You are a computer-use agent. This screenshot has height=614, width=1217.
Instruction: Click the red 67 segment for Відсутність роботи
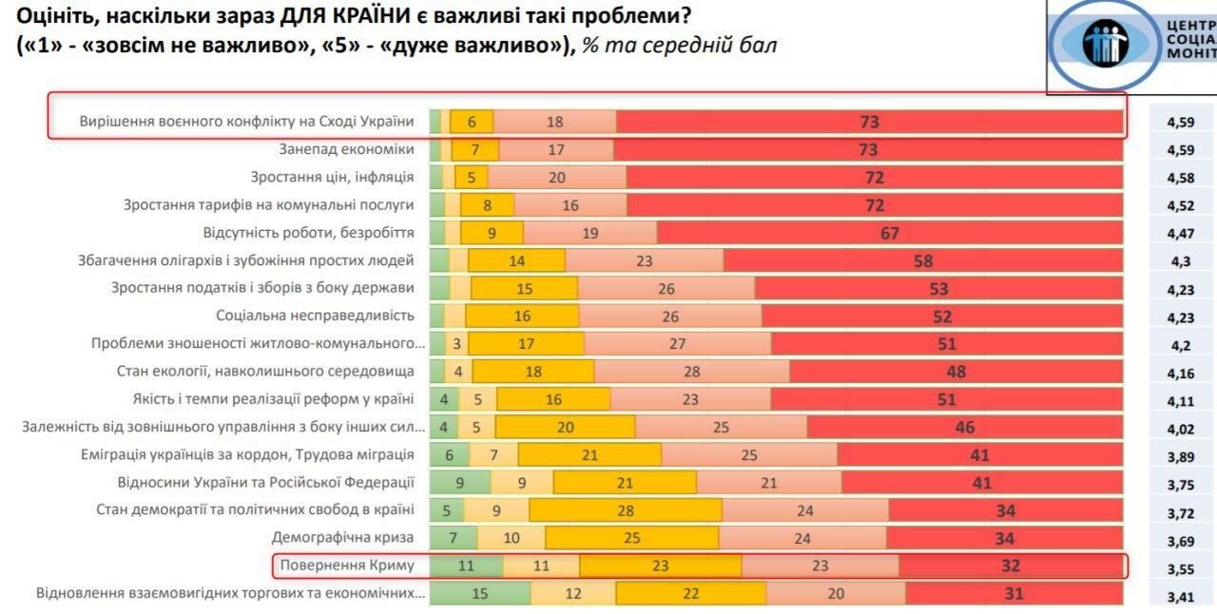click(x=890, y=233)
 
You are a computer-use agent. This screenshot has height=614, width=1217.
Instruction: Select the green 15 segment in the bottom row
click(x=479, y=593)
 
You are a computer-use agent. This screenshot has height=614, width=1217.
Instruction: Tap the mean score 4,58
click(x=1181, y=178)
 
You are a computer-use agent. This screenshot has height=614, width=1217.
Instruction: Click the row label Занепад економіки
click(x=346, y=149)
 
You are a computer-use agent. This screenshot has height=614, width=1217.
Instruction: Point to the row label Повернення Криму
click(x=347, y=566)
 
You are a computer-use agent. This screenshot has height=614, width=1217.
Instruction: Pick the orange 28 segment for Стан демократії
click(x=625, y=510)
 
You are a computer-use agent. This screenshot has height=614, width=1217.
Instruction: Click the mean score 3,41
click(x=1181, y=598)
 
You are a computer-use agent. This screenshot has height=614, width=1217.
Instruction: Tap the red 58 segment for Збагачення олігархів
click(x=922, y=260)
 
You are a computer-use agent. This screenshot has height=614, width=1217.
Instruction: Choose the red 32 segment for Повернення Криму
click(x=1010, y=566)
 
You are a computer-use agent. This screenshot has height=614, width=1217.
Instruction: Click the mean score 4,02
click(x=1181, y=429)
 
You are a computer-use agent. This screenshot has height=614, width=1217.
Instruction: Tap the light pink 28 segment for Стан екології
click(x=691, y=372)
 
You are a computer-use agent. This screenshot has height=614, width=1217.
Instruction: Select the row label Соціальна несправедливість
click(x=315, y=316)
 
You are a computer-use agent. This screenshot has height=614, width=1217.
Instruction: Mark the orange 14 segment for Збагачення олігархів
click(x=516, y=260)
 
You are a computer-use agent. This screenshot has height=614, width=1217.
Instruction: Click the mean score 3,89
click(x=1181, y=456)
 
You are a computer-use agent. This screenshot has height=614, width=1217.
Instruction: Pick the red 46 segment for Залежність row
click(x=964, y=428)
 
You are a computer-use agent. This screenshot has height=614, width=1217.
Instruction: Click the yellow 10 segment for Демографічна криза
click(x=511, y=538)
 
